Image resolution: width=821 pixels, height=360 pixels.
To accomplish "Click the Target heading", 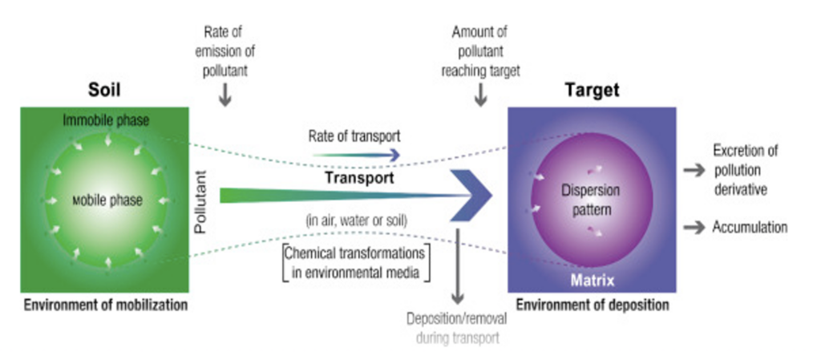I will [592, 90].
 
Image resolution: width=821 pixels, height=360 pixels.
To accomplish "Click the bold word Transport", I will [358, 178].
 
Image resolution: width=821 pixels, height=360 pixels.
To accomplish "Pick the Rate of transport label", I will [354, 136].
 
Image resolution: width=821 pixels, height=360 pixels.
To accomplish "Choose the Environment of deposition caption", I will [592, 305].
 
